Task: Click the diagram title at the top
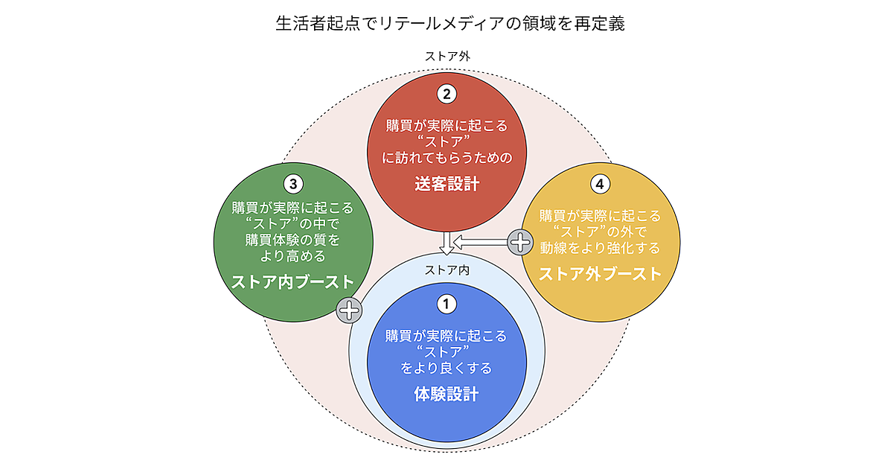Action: [446, 24]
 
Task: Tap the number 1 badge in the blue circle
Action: [446, 304]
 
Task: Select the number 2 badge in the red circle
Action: [446, 95]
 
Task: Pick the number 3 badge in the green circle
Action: [292, 183]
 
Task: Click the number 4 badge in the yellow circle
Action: [600, 183]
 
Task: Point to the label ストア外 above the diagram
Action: [446, 57]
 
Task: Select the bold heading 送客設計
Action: [446, 184]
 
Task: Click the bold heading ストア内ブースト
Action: [292, 282]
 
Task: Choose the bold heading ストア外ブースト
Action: [600, 273]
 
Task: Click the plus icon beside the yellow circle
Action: [520, 241]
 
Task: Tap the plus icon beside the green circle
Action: [349, 310]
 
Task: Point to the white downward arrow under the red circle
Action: [446, 244]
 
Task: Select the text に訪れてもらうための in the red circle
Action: [446, 159]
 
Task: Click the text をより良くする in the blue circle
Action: [446, 368]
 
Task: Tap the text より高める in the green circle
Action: [292, 256]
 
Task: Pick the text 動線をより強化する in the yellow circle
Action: [600, 247]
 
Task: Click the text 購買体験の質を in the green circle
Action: [292, 240]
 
